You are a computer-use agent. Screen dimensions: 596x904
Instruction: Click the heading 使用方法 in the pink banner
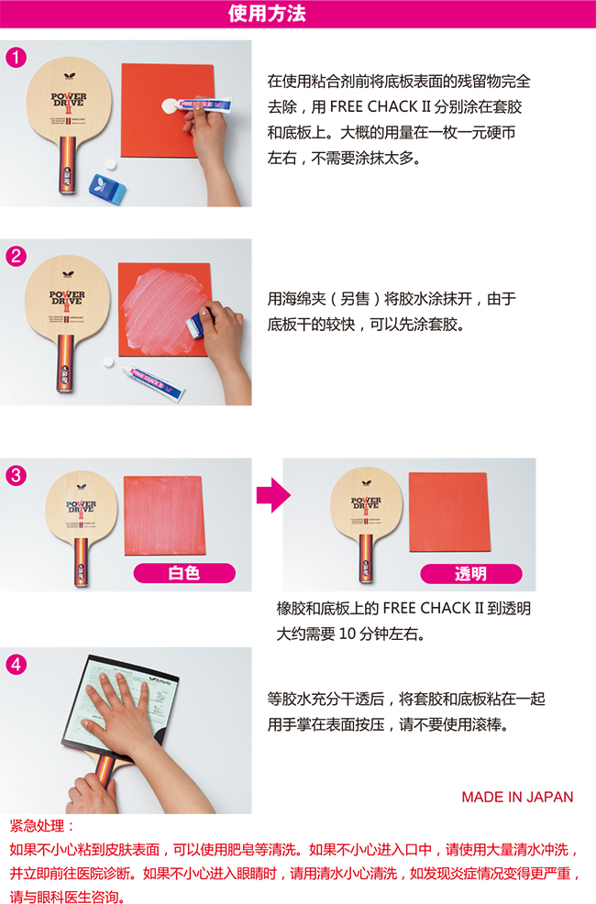click(x=267, y=13)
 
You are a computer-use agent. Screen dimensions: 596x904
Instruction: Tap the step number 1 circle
click(x=17, y=57)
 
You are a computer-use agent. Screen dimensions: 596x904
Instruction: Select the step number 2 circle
click(x=17, y=256)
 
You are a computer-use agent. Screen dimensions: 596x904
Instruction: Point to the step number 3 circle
click(x=17, y=476)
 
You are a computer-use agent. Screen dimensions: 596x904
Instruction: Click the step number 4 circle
click(x=17, y=665)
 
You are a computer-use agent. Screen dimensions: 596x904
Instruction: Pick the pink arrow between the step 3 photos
click(x=273, y=495)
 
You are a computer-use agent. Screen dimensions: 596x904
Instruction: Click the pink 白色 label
click(x=184, y=573)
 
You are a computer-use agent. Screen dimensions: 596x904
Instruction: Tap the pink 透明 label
click(x=471, y=574)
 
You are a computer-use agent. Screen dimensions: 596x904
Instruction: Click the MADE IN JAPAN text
click(x=518, y=798)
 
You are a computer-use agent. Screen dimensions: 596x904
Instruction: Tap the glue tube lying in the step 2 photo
click(x=153, y=381)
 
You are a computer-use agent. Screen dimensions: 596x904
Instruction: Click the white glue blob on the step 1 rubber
click(x=170, y=106)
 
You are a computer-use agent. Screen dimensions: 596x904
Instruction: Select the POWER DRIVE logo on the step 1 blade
click(x=69, y=102)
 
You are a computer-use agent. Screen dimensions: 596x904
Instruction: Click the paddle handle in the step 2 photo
click(x=66, y=363)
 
